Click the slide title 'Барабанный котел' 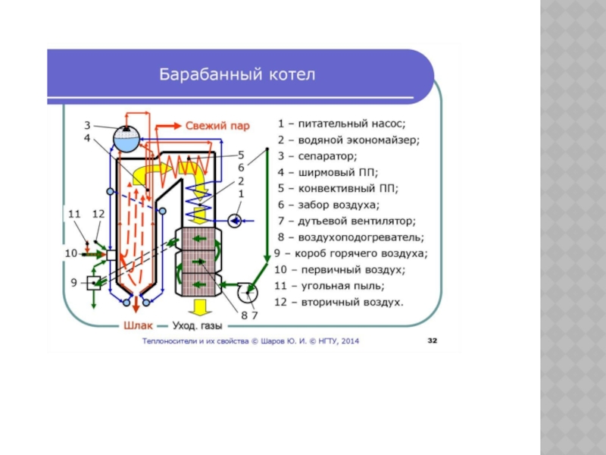click(x=236, y=75)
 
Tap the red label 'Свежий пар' click(x=218, y=126)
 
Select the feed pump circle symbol click(x=234, y=219)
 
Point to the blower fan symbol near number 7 click(x=246, y=290)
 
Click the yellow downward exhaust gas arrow click(x=201, y=307)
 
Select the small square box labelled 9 click(x=95, y=283)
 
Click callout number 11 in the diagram click(x=73, y=215)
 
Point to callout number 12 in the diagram click(x=98, y=215)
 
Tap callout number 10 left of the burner click(x=71, y=253)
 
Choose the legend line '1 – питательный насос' click(x=342, y=123)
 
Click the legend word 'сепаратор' click(x=326, y=155)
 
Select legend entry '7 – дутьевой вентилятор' click(x=346, y=221)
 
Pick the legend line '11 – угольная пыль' click(x=330, y=286)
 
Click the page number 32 click(x=433, y=341)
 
